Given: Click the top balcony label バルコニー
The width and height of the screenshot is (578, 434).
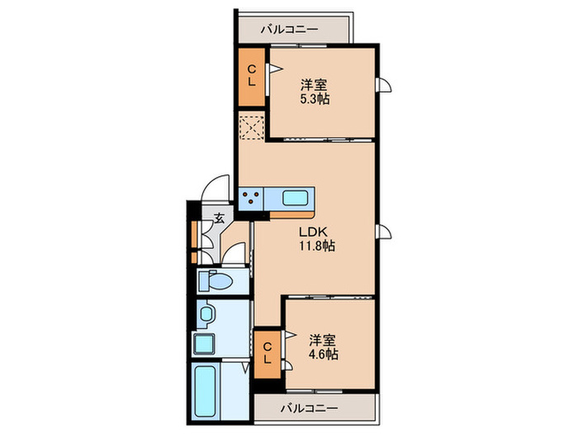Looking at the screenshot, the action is pos(289,29).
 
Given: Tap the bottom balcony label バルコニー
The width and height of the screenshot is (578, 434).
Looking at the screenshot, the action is pos(310,408).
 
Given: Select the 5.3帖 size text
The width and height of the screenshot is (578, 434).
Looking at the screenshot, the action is pos(314,99).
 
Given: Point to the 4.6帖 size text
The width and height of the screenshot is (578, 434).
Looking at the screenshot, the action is pos(324,355).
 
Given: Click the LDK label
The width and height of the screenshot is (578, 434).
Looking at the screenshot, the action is pos(313,231).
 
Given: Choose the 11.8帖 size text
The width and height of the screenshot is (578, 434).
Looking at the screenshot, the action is pos(317,246).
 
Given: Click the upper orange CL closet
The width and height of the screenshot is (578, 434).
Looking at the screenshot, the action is pos(252,77).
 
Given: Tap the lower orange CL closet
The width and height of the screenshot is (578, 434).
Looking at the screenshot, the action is pos(268,355).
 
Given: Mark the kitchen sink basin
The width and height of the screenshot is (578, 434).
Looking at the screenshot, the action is pos(295,198).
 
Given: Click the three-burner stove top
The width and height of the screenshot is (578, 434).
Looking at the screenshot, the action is pos(251,198).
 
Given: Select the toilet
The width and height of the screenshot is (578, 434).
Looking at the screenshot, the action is pos(216,281).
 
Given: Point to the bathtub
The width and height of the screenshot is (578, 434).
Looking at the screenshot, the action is pos(205,391).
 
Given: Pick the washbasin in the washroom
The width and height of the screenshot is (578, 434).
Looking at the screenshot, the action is pos(206,313).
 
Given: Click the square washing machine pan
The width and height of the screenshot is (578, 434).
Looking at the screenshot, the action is pos(204,344).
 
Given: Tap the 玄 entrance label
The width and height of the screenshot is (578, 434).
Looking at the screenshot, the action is pos(220,218).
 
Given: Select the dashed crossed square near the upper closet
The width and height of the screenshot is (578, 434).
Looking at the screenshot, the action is pos(252,127).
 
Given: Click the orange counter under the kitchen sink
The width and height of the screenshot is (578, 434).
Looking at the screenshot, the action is pos(291,214).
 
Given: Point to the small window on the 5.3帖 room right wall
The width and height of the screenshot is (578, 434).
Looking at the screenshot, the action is pos(383,85).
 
